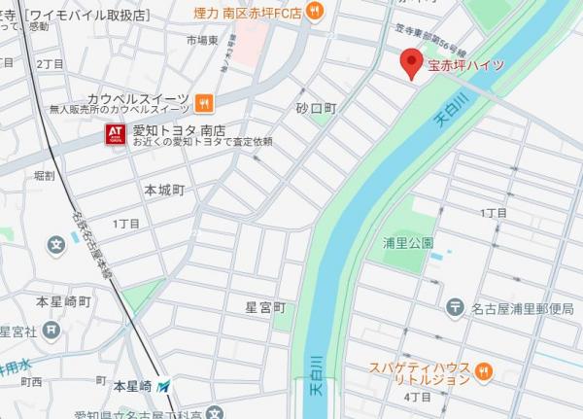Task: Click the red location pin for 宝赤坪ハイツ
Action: (x=412, y=62)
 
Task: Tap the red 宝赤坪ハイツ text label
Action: (x=466, y=66)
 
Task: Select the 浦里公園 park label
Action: (x=408, y=242)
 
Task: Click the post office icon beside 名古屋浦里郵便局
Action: (x=454, y=308)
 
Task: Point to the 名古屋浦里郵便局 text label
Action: (x=523, y=309)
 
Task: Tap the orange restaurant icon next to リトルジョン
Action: (x=485, y=371)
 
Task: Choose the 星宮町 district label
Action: (x=265, y=307)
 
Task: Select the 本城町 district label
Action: (x=164, y=190)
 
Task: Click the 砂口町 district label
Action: (x=316, y=109)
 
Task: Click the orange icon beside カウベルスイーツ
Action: (x=203, y=100)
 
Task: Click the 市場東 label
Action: (x=205, y=41)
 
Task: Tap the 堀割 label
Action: (x=44, y=176)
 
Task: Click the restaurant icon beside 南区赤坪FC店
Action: (x=314, y=12)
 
